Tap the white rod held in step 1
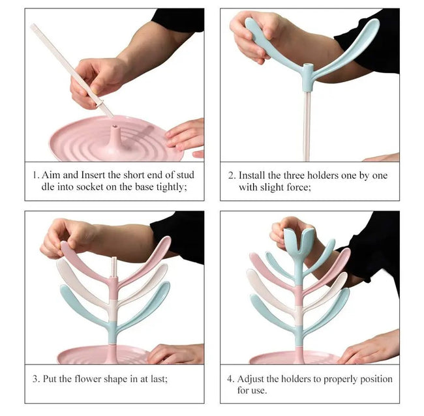coord(72,70)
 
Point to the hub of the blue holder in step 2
coord(307,77)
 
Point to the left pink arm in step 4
coord(271,271)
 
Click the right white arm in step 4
coord(326,293)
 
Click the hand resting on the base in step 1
coord(185,135)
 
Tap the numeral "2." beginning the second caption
coord(232,175)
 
